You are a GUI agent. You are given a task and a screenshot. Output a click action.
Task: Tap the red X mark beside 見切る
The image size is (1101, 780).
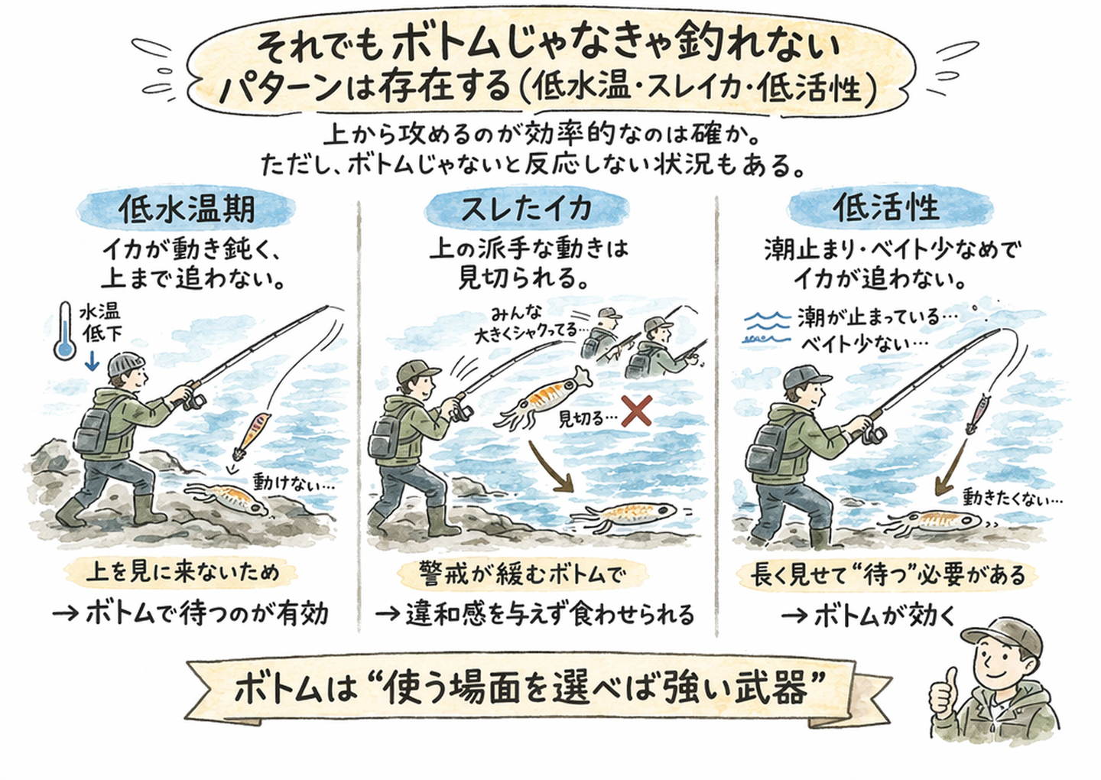click(x=635, y=411)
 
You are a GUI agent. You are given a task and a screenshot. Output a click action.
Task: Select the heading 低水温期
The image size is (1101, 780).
click(x=187, y=209)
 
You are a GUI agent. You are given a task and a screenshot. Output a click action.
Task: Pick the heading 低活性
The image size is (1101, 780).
click(x=886, y=207)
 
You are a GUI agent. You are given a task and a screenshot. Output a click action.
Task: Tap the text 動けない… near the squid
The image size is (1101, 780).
click(x=294, y=483)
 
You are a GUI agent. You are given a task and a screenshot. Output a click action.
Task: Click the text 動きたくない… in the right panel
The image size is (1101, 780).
click(x=1012, y=498)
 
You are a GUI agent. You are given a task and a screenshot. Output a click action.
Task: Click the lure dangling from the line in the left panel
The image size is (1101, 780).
click(x=252, y=435)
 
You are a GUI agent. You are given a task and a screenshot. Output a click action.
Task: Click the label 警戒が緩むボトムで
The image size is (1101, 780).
click(x=522, y=573)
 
